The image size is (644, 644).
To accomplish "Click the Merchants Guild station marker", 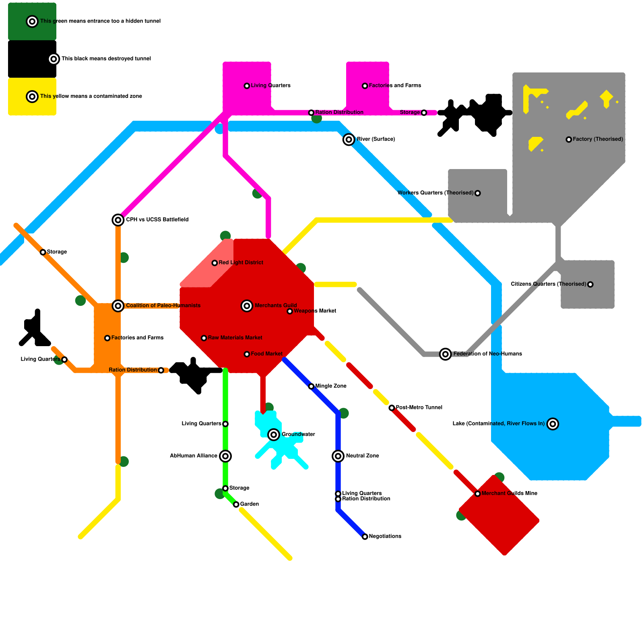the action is tap(247, 306).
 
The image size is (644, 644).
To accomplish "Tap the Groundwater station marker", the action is tap(274, 435).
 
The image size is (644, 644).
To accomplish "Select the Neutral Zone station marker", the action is tap(338, 456).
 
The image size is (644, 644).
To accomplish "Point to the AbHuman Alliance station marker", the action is tap(225, 456).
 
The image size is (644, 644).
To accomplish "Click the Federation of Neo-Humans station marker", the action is tap(445, 354).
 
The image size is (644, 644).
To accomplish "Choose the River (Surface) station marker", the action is tap(349, 140).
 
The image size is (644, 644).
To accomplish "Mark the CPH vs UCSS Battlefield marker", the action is tap(118, 220).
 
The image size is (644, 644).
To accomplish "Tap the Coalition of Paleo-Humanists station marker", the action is tap(118, 306).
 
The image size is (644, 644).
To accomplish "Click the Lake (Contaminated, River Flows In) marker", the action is tap(553, 424).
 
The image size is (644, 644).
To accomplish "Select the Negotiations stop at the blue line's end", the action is tap(365, 537).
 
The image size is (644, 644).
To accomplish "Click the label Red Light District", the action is tap(241, 262).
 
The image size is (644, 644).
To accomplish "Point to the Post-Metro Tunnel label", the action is tap(419, 407).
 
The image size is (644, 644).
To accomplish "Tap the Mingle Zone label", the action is tap(331, 386).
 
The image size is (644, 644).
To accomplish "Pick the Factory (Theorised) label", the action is tap(598, 139).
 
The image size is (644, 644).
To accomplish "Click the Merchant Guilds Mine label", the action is tap(509, 493).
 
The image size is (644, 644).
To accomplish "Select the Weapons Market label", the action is tap(315, 311).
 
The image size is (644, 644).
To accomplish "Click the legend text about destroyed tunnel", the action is tap(106, 58).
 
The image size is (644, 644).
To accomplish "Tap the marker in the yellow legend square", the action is tap(32, 97).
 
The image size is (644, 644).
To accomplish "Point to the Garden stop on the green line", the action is tap(236, 504).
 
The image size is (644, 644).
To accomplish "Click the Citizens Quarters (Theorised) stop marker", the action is tap(590, 285).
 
